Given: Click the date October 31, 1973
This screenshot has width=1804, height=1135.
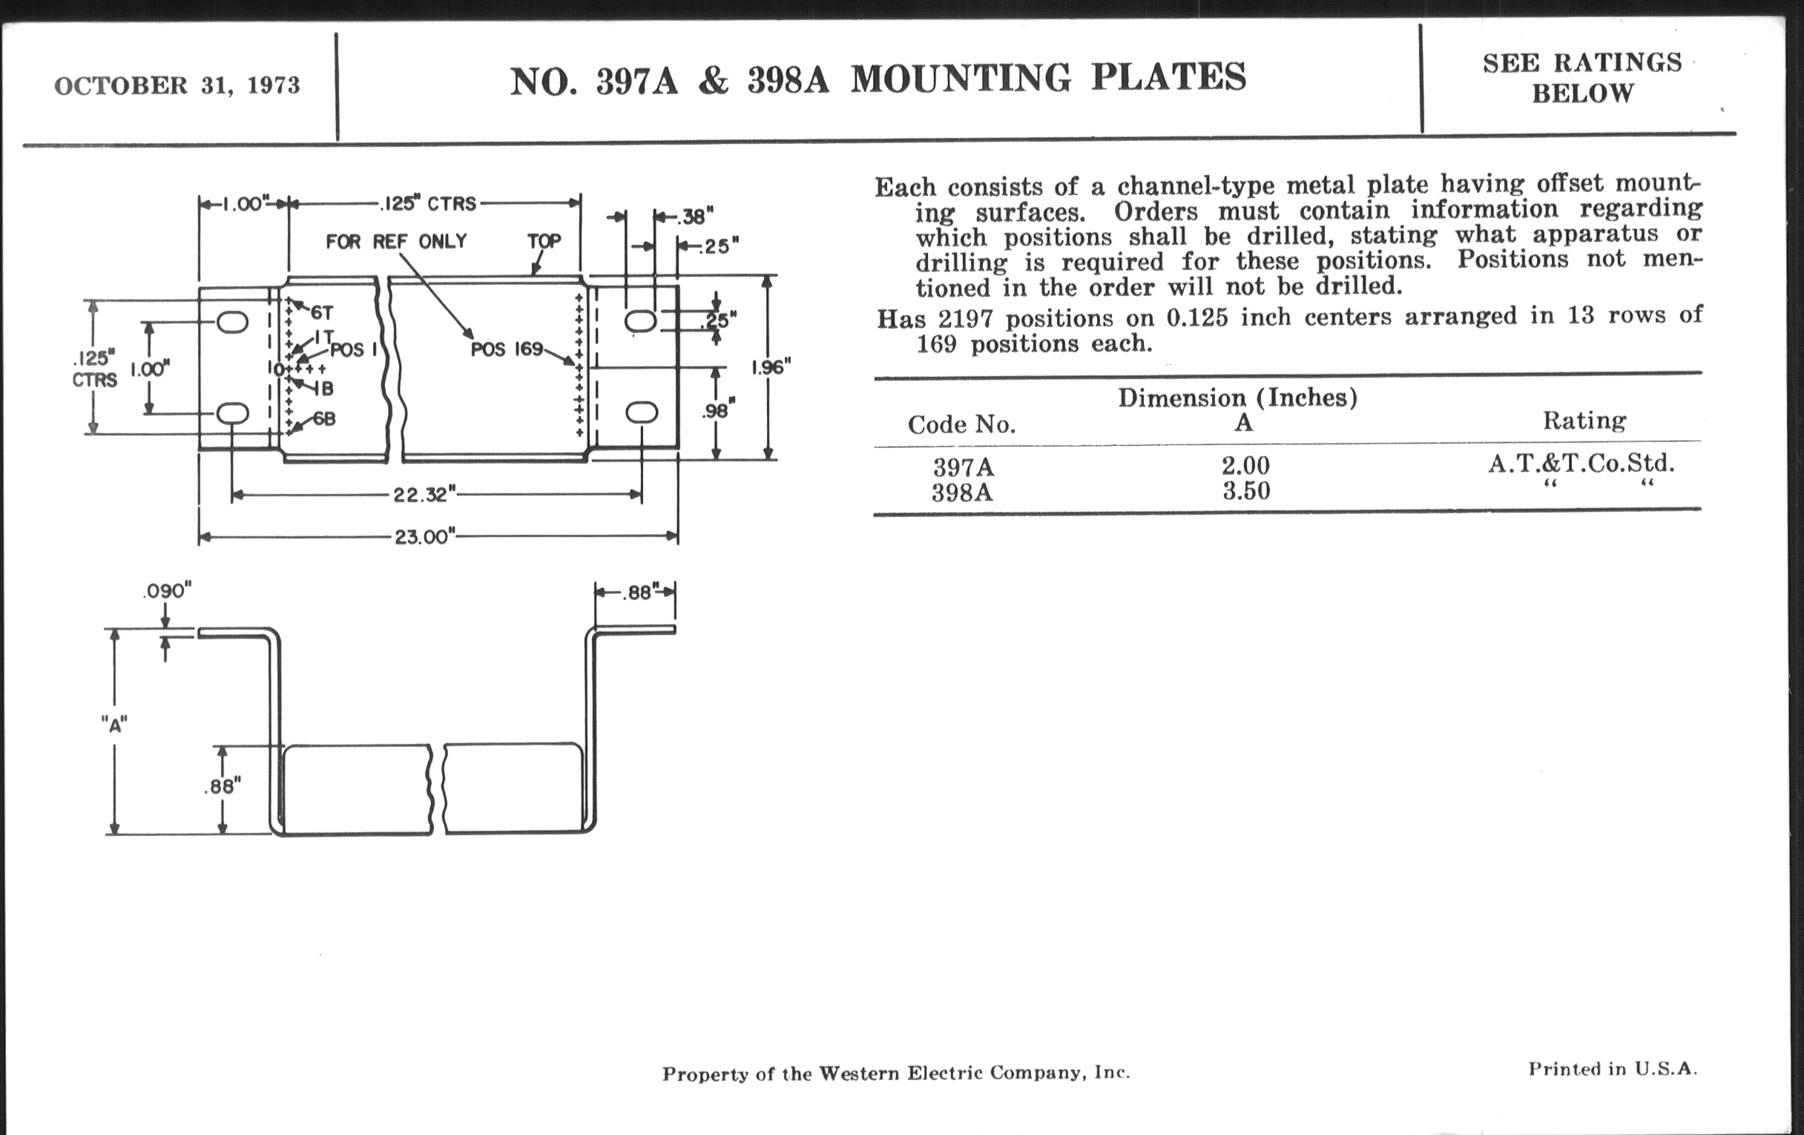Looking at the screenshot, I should pos(177,85).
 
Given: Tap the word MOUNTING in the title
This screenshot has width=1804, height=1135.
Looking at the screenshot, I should pos(961,79).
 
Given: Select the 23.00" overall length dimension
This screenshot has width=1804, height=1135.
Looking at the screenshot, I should pos(425,537).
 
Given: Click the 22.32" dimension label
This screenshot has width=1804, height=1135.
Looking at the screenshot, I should pos(425,496).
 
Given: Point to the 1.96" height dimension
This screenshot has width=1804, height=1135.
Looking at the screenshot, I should pos(771,367).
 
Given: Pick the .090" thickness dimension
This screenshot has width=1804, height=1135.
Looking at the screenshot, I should pos(167,591).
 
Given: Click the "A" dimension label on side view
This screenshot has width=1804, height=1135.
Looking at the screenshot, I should pos(115,725).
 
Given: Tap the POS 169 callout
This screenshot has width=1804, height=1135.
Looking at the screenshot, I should pos(507,350).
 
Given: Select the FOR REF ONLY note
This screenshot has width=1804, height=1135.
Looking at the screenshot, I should pos(396,241).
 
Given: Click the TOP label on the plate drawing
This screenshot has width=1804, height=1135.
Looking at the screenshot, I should pos(544,241).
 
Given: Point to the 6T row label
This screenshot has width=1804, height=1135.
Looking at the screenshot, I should pos(321,312).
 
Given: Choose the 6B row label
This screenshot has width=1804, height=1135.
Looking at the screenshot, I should pos(323,419).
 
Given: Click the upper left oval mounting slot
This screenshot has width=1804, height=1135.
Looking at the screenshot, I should pos(232,323).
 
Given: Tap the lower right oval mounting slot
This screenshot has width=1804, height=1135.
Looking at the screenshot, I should pos(642,412).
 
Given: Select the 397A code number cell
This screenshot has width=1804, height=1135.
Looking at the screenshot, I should pos(964,467).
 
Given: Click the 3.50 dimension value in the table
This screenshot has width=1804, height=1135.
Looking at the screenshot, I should pos(1246,491).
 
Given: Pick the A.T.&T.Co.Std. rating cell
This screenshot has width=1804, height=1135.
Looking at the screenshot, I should pos(1581,464).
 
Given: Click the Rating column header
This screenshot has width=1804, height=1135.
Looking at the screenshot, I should pos(1584,421).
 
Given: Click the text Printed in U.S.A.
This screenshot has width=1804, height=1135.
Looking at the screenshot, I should pos(1612,1069).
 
